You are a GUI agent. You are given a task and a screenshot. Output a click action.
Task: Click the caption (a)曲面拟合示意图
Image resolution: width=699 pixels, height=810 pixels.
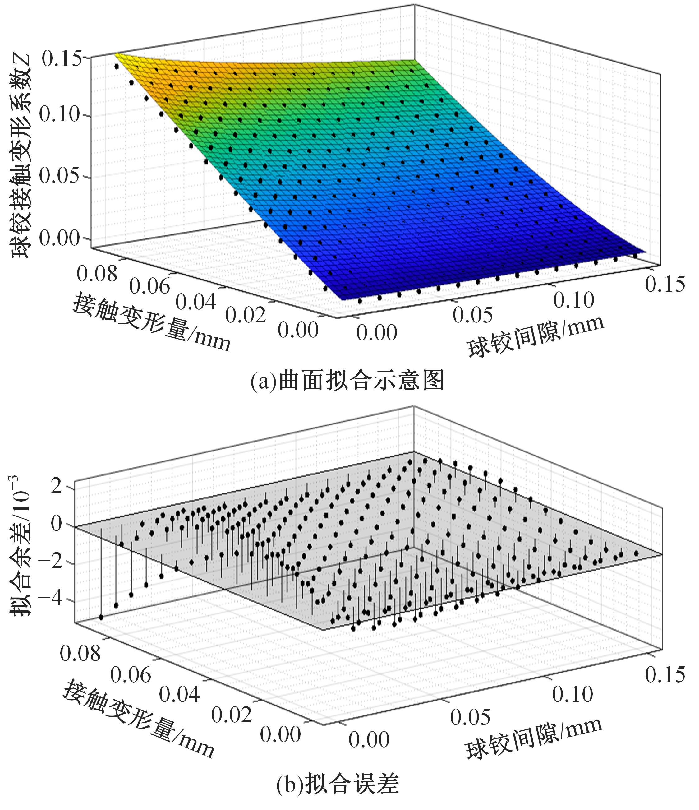[347, 380]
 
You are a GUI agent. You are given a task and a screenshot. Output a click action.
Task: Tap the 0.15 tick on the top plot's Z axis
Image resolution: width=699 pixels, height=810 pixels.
[62, 59]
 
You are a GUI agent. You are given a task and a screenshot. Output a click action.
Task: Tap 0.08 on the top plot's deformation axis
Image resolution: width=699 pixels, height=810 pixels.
[97, 274]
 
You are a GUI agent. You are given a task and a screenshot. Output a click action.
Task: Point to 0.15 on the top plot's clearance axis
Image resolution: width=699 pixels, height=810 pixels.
[665, 284]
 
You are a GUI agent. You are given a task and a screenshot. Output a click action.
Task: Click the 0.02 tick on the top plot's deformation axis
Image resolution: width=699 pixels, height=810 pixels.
[245, 315]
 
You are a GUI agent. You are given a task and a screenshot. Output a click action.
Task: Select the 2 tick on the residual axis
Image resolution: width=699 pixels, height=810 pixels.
[56, 487]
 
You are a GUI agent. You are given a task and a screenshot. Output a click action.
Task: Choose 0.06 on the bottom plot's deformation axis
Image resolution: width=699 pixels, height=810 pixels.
[131, 675]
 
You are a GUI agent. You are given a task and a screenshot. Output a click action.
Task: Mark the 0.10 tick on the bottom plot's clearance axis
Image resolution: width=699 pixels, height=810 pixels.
[573, 694]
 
